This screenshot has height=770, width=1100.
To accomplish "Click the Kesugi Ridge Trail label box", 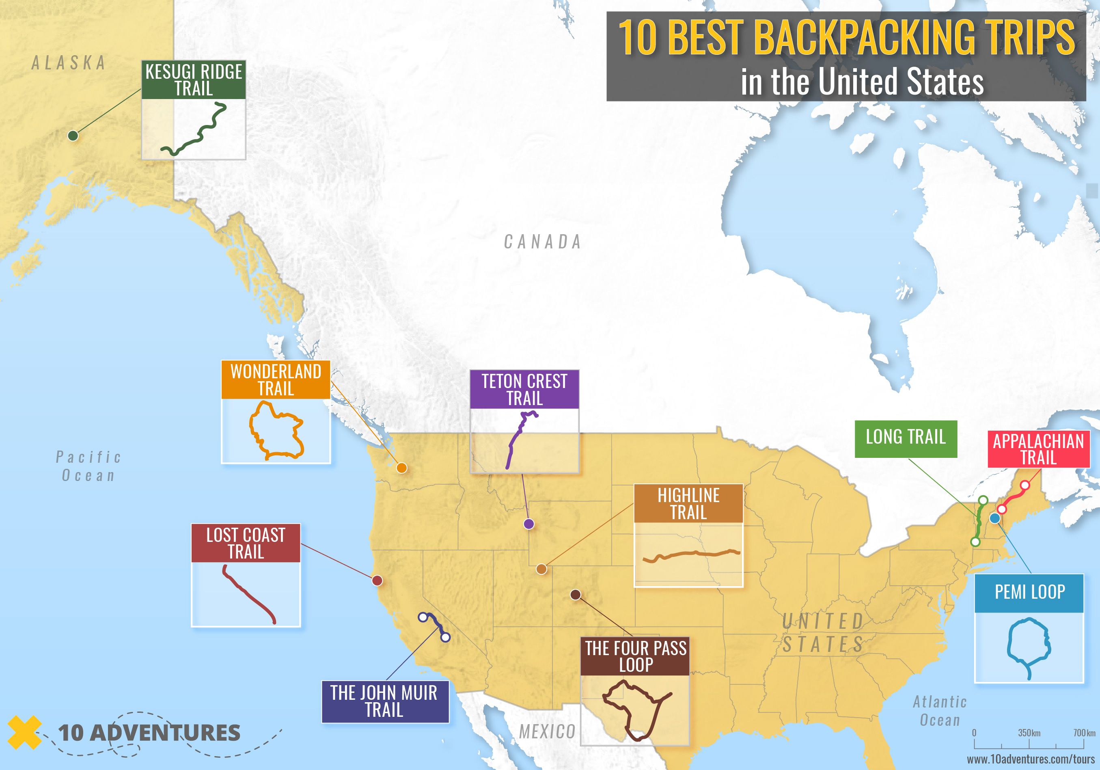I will click(x=194, y=80).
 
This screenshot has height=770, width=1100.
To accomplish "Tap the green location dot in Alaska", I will click(x=73, y=136).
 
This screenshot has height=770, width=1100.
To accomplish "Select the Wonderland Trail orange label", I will click(x=276, y=380).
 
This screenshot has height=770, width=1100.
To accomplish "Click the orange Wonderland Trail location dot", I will click(x=401, y=468).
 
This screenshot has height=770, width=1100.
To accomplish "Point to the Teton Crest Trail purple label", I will click(x=524, y=390).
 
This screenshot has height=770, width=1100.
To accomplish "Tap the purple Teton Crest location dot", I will click(x=528, y=524).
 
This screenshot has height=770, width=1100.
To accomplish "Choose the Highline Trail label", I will click(x=688, y=504).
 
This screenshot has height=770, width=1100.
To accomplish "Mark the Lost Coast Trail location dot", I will click(x=377, y=581).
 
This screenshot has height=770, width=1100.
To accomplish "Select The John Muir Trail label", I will click(x=385, y=701).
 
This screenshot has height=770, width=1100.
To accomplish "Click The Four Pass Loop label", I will click(x=635, y=656).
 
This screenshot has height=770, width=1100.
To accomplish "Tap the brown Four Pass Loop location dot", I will click(x=576, y=595).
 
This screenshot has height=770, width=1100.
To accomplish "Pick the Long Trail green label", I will click(x=906, y=439).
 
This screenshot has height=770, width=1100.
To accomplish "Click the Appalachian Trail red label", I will click(x=1038, y=449).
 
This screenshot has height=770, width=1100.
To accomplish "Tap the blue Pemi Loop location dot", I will click(x=994, y=518).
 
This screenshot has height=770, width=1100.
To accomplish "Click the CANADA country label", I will click(x=542, y=242).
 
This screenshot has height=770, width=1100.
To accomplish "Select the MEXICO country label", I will click(x=547, y=732).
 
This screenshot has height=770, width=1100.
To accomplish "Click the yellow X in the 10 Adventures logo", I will click(x=24, y=732).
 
